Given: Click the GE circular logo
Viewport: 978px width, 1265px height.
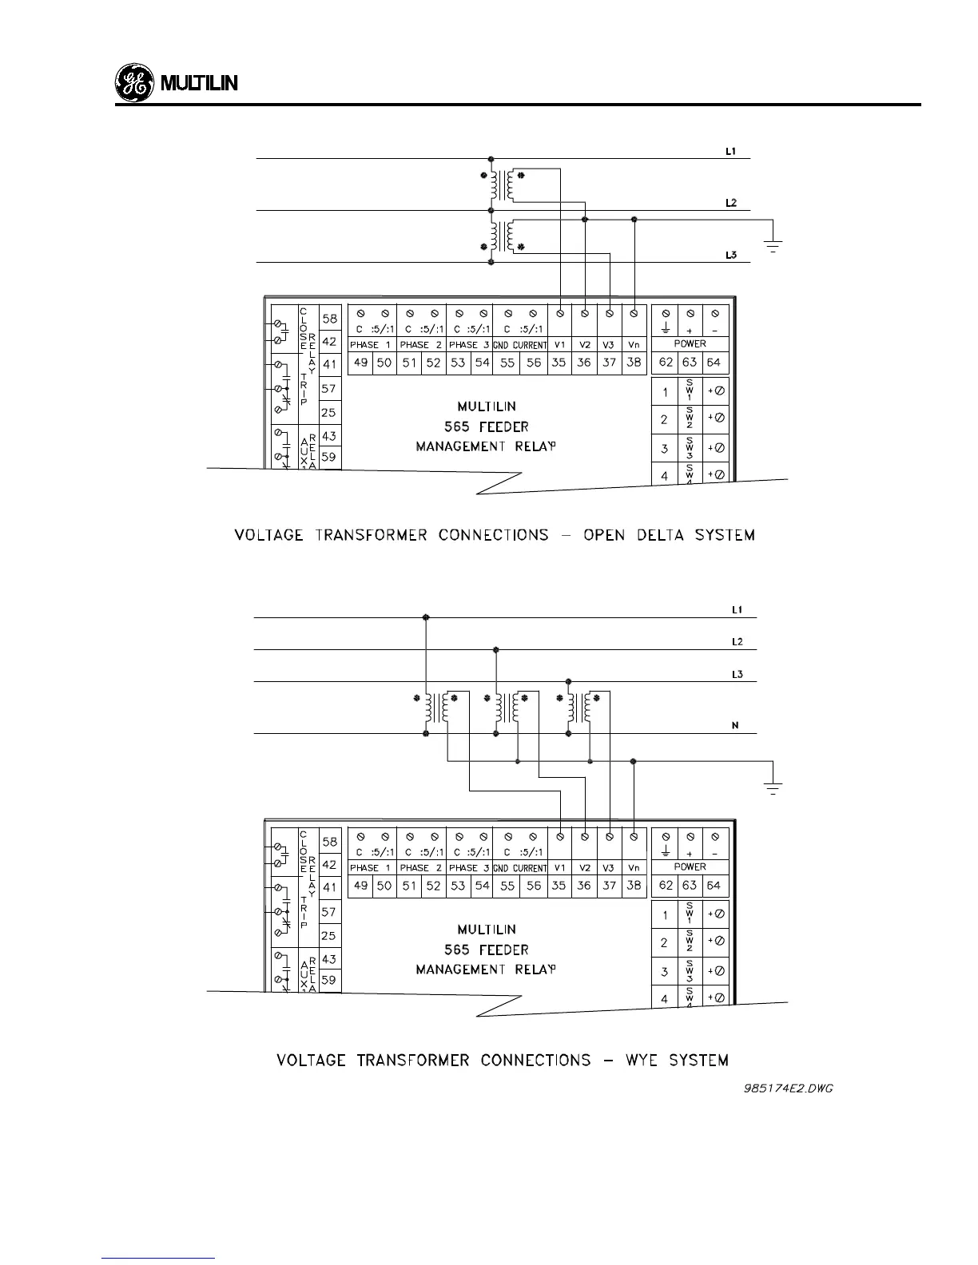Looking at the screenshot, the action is click(x=133, y=84).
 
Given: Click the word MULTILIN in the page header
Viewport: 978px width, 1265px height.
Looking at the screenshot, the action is click(x=200, y=84).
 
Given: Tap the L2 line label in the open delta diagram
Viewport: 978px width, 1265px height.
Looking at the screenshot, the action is click(x=730, y=203).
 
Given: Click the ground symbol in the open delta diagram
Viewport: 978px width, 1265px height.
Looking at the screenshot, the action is click(x=772, y=244).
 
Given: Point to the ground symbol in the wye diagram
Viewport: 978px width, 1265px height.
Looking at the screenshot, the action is click(x=772, y=787).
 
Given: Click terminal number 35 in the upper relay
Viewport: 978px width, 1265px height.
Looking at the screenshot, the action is click(x=559, y=363).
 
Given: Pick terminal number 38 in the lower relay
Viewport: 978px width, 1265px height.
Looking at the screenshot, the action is click(x=634, y=885).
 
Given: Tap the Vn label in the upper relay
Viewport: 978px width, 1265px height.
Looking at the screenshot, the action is click(x=634, y=345).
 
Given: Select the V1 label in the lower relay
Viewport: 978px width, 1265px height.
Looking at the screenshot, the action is click(x=559, y=867).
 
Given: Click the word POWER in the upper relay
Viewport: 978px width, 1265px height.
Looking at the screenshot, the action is click(x=690, y=343).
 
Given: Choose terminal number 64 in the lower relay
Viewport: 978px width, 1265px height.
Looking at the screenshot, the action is click(x=714, y=885).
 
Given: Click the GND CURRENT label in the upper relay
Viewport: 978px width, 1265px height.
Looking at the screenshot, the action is click(x=519, y=345).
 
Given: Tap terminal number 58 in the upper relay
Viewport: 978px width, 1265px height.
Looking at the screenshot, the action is click(x=329, y=319).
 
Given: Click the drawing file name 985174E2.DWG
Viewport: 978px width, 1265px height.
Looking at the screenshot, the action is click(x=788, y=1089).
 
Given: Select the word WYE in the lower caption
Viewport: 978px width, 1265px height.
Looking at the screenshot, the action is click(x=642, y=1061).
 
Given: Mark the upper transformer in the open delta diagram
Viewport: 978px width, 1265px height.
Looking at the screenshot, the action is click(x=502, y=186).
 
